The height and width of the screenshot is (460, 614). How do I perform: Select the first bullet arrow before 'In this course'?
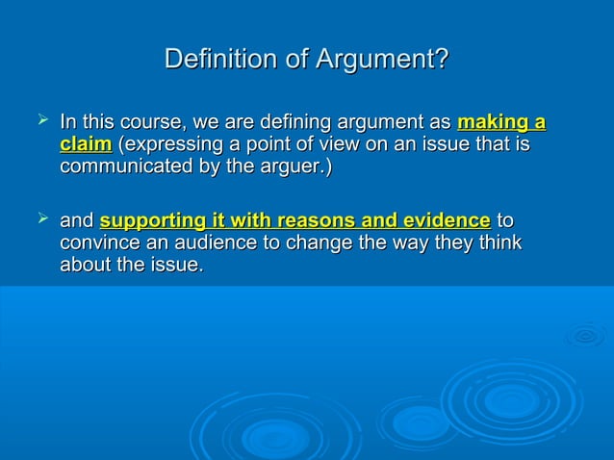point(41,121)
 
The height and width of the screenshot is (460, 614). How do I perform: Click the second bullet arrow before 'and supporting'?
point(41,221)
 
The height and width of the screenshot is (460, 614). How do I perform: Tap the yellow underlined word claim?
point(85,145)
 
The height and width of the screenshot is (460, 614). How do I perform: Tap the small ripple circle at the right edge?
point(585,336)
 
